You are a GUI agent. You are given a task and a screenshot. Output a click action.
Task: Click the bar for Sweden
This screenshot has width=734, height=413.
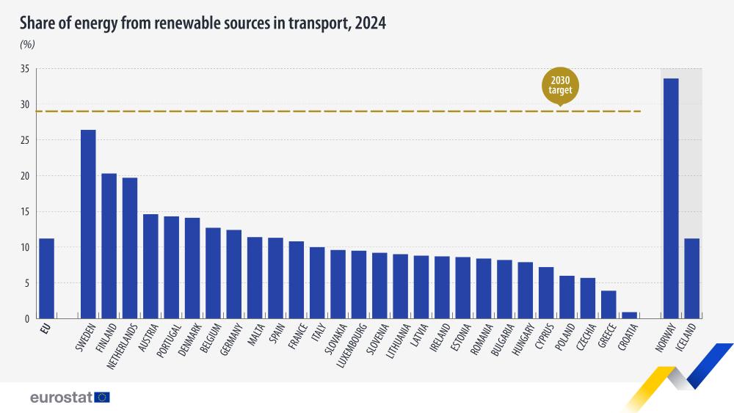pyautogui.click(x=88, y=224)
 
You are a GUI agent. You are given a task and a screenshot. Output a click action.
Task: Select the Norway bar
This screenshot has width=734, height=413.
pyautogui.click(x=671, y=198)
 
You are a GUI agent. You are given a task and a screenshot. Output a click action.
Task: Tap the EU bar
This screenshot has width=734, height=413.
pyautogui.click(x=46, y=278)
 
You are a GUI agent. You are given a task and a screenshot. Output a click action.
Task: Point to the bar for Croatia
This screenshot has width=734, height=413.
pyautogui.click(x=629, y=315)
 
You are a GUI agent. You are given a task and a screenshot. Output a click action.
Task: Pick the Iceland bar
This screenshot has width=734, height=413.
pyautogui.click(x=691, y=278)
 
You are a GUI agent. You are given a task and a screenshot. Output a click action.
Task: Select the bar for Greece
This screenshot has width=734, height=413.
pyautogui.click(x=608, y=304)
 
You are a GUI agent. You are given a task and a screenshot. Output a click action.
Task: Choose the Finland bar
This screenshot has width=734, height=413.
pyautogui.click(x=109, y=246)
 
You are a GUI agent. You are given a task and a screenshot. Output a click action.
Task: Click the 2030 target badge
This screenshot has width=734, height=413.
pyautogui.click(x=561, y=86)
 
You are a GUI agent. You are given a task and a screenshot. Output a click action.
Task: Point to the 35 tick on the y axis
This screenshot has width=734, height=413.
pyautogui.click(x=24, y=69)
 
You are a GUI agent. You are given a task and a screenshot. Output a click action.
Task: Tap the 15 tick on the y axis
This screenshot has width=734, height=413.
pyautogui.click(x=24, y=212)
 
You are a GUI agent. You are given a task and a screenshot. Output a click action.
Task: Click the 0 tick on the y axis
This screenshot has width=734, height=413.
pyautogui.click(x=26, y=319)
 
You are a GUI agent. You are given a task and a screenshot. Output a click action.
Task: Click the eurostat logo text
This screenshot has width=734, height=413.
pyautogui.click(x=61, y=397)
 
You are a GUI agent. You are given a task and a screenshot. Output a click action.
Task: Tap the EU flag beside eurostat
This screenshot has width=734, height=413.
pyautogui.click(x=102, y=397)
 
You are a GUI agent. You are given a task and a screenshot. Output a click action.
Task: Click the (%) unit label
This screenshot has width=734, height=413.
pyautogui.click(x=27, y=44)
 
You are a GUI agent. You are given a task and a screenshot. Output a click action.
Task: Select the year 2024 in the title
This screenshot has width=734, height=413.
pyautogui.click(x=370, y=23)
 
